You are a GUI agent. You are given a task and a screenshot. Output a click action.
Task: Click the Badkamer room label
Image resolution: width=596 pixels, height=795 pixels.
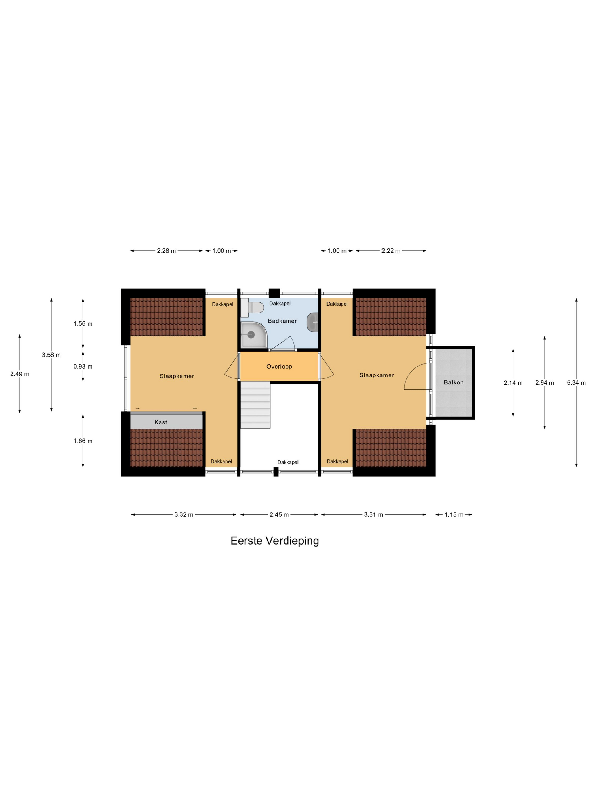(282, 321)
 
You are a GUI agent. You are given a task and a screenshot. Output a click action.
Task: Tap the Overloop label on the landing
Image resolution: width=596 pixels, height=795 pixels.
(279, 367)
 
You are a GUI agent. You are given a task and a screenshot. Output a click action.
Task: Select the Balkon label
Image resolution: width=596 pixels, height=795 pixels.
(453, 382)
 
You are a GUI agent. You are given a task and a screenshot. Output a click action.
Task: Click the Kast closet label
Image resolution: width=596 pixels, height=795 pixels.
(161, 422)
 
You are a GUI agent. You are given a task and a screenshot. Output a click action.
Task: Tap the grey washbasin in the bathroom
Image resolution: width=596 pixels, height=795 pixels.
(312, 322)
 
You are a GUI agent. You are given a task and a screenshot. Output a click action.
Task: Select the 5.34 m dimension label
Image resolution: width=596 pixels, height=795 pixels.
(576, 383)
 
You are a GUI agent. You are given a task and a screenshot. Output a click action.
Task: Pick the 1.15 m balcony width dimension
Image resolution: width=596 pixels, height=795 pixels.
(454, 515)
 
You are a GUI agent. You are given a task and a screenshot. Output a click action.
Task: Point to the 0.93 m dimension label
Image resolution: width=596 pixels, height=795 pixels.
(83, 367)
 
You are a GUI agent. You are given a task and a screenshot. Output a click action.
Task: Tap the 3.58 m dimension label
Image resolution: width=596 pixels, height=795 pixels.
(51, 355)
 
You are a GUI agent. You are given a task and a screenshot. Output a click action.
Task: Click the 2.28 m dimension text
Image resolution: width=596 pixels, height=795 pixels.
(166, 251)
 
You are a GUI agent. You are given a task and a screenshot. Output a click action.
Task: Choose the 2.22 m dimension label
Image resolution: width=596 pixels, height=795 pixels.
(391, 251)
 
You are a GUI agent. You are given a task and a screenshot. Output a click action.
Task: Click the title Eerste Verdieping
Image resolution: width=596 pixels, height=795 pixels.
(275, 541)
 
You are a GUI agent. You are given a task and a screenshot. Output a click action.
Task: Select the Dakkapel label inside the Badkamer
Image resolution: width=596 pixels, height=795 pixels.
(280, 303)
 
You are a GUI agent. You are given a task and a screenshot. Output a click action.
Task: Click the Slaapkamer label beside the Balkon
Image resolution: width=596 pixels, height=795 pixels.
(377, 375)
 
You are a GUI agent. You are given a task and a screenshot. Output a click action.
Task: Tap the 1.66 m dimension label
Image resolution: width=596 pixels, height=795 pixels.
(83, 441)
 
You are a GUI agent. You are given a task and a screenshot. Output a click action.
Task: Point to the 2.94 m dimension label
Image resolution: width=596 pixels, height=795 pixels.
(545, 383)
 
